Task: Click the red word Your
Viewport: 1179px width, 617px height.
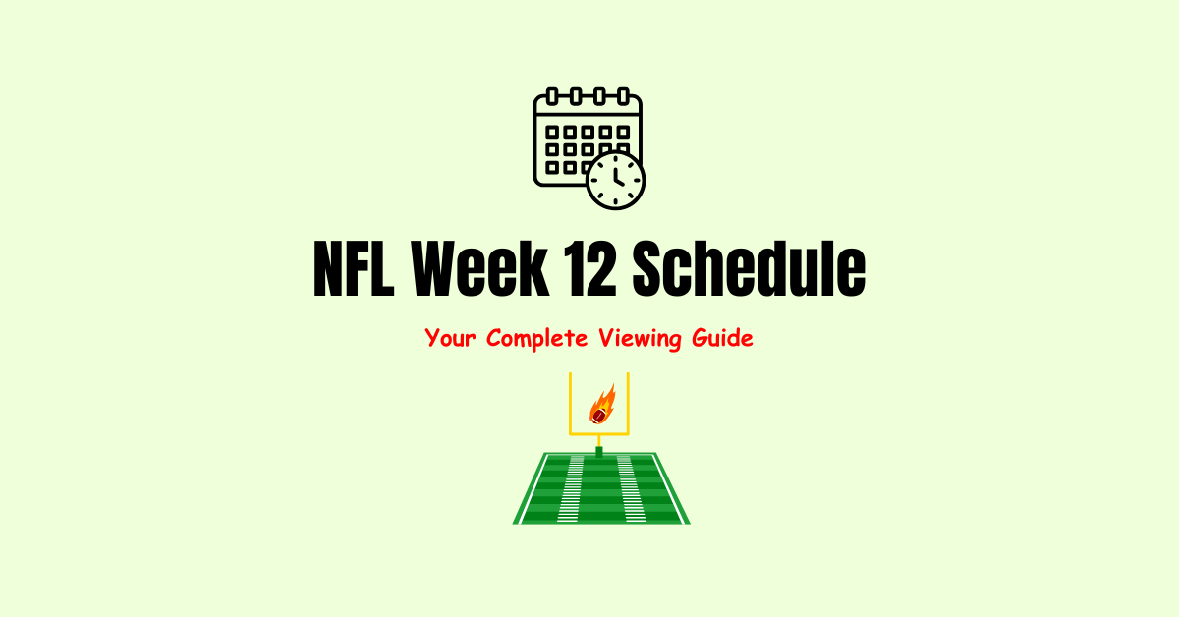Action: click(455, 339)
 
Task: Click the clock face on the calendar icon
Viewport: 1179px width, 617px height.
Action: click(615, 180)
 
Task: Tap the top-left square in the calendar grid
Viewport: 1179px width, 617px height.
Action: click(552, 132)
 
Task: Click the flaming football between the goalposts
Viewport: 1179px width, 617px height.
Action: click(599, 405)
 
